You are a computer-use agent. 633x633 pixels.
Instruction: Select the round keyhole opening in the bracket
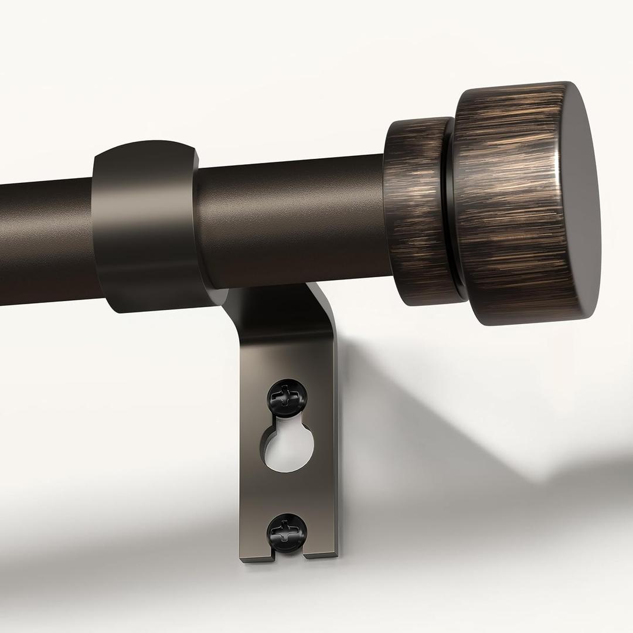tap(288, 448)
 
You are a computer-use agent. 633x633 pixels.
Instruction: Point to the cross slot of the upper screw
tap(287, 394)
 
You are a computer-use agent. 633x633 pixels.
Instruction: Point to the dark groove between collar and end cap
tap(450, 211)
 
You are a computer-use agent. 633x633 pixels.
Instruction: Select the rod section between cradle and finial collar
tap(293, 223)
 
